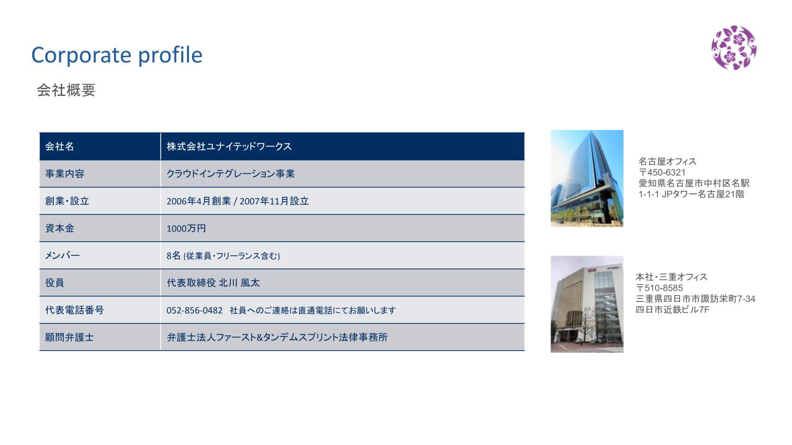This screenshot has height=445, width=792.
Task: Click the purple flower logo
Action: pos(734,48)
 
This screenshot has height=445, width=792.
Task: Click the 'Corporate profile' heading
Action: pos(116,55)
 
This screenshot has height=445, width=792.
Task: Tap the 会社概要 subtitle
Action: pos(66,90)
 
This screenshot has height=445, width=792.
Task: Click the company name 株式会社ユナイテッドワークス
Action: pos(229,146)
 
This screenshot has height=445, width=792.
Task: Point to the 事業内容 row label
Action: pos(64,173)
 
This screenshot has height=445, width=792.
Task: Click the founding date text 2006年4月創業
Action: pos(198,201)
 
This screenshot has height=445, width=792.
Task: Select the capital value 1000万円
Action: pos(186,228)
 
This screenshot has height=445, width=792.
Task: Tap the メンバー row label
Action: pos(62,256)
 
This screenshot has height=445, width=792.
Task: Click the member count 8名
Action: pos(173,256)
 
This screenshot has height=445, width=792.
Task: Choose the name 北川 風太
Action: pos(240,283)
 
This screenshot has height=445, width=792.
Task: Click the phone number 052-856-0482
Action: pos(194,310)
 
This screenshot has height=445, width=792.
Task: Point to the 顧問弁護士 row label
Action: pos(69,337)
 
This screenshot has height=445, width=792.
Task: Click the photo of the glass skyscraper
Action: pos(587,178)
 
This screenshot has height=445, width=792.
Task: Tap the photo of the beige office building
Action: pos(587,305)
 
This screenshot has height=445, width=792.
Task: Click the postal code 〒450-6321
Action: pos(662,173)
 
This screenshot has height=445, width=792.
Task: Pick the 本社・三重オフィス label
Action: pos(671,277)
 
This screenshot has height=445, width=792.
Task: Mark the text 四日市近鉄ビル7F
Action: pos(672,310)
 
